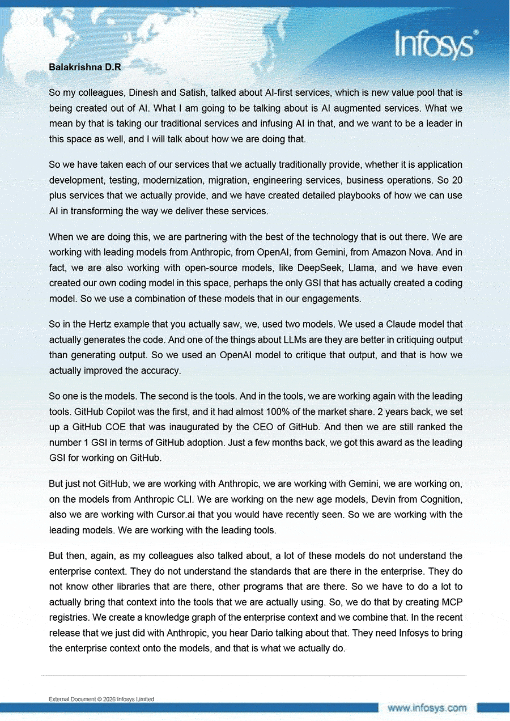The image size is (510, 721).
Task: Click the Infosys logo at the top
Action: [435, 44]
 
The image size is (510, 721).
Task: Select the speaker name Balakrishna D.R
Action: [85, 67]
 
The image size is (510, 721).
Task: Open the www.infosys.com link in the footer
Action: [427, 708]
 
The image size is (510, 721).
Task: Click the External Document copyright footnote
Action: [101, 699]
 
